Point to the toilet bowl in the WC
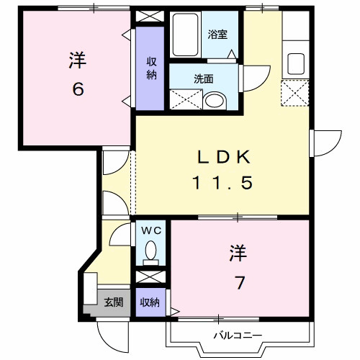point(150,251)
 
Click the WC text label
point(151,230)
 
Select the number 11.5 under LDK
point(222,183)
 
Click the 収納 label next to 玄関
point(150,302)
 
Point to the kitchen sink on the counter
point(295,63)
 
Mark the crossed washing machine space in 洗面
point(184,99)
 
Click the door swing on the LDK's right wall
point(325,141)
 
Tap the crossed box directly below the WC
point(150,276)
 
